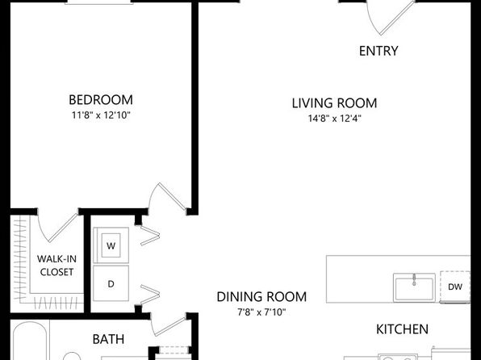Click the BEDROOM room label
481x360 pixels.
[101, 100]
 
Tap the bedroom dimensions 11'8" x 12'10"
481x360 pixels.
[101, 115]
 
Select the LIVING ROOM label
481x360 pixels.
[334, 103]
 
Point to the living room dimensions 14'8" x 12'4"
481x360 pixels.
[334, 119]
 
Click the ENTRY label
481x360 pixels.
[379, 51]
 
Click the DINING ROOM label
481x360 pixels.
[261, 297]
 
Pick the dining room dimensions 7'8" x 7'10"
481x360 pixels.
[261, 312]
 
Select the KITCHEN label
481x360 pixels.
[402, 329]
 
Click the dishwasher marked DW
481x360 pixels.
[455, 287]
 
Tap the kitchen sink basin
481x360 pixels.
[414, 287]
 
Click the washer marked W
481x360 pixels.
[111, 245]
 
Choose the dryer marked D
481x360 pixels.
[111, 284]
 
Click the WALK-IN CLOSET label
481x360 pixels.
[56, 266]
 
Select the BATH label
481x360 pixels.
[108, 340]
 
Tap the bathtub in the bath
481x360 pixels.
[29, 341]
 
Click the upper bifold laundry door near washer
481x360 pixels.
[150, 236]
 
